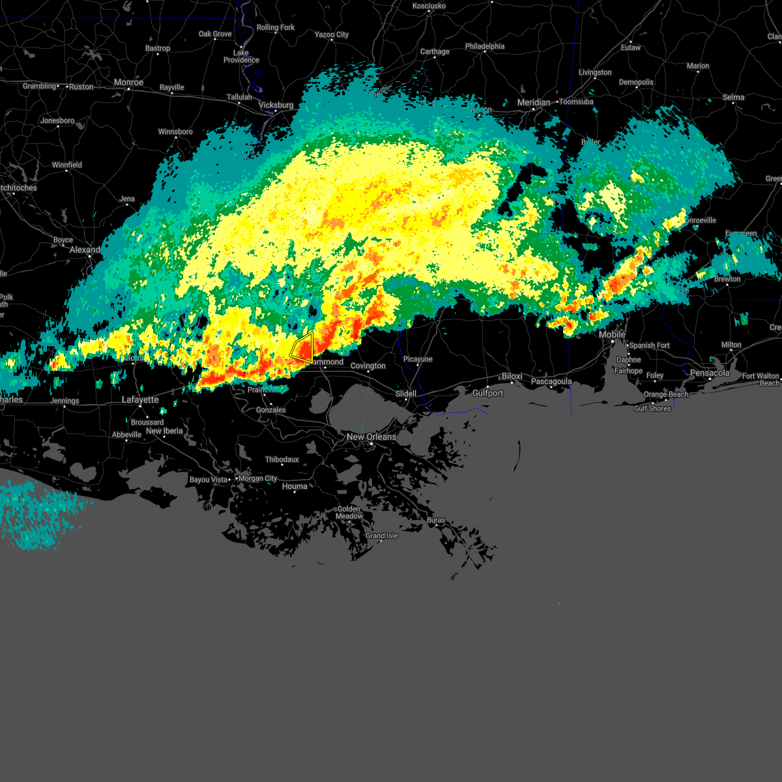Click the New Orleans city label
click(x=371, y=437)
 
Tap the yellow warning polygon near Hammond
click(x=303, y=348)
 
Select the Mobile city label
click(x=612, y=334)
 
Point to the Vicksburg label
click(x=276, y=105)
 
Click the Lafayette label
click(x=140, y=399)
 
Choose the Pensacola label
click(x=710, y=373)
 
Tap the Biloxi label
click(x=512, y=377)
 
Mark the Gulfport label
click(x=487, y=393)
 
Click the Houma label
click(x=295, y=486)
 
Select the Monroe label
click(x=128, y=83)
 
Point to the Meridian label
click(x=534, y=102)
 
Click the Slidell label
click(x=406, y=394)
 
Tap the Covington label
click(x=368, y=366)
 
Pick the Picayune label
click(x=418, y=359)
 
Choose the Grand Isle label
click(x=381, y=536)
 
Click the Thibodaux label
click(x=282, y=459)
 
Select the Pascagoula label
click(x=551, y=381)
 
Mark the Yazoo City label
click(x=332, y=35)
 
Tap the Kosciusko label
click(x=429, y=6)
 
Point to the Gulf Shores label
click(x=652, y=409)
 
